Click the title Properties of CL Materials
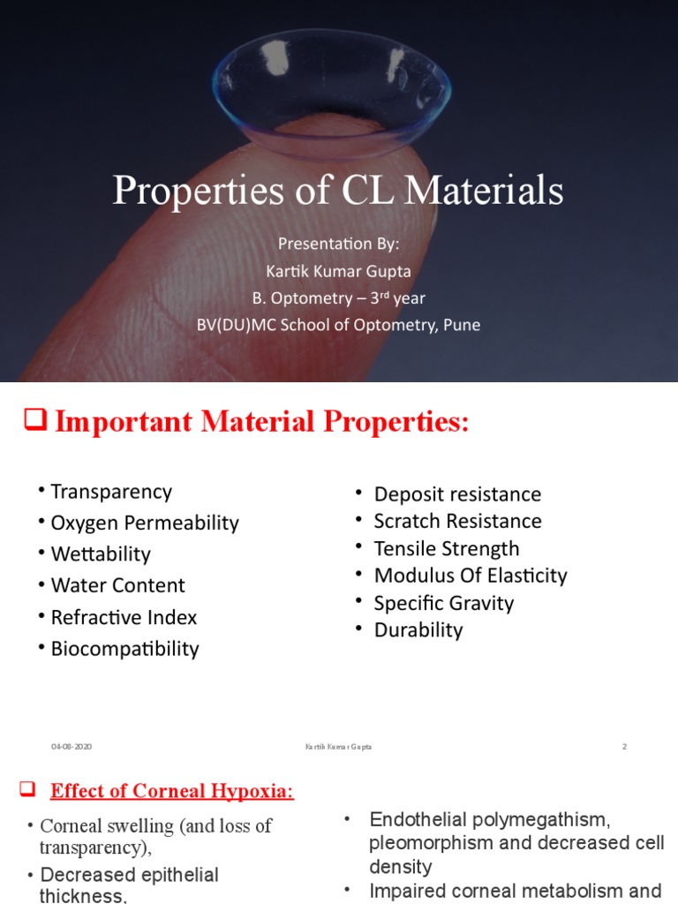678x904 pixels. [338, 191]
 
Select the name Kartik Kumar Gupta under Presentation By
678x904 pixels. [338, 270]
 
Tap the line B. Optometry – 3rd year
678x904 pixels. [338, 298]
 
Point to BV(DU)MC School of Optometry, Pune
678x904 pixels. [338, 325]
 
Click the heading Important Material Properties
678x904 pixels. [261, 423]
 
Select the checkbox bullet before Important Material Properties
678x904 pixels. [34, 424]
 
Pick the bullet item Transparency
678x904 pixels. [111, 492]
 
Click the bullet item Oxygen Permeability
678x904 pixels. [145, 523]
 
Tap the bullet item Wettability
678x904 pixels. [101, 554]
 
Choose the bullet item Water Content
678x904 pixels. [118, 585]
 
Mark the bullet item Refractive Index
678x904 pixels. [124, 617]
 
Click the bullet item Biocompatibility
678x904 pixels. [125, 649]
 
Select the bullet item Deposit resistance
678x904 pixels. [457, 494]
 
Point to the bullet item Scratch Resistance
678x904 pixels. [457, 521]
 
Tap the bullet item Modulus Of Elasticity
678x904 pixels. [471, 576]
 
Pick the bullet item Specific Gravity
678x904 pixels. [443, 603]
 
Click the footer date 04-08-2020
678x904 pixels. [72, 747]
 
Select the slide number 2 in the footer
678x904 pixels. [624, 747]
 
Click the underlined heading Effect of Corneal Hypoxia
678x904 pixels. [172, 791]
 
